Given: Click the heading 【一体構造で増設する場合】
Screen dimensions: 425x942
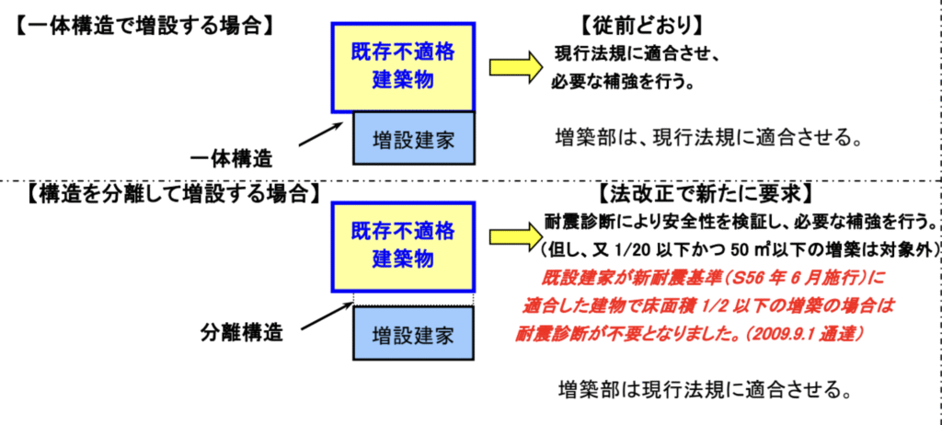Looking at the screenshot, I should [x=143, y=21].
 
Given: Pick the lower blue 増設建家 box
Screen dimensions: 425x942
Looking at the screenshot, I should [x=413, y=333].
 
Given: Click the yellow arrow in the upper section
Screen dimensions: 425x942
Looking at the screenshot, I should [x=512, y=67].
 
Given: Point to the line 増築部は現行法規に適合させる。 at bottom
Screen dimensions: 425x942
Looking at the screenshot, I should [x=702, y=387].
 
